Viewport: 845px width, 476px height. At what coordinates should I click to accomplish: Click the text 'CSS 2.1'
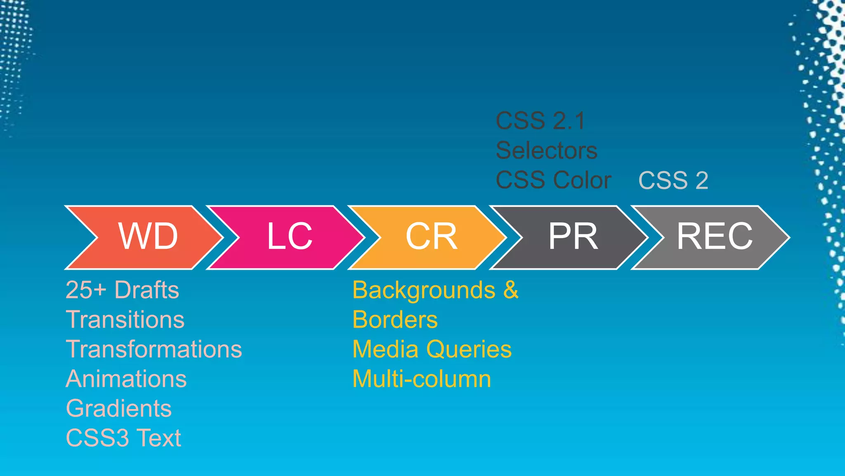(540, 121)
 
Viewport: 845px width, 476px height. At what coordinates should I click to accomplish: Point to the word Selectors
(546, 150)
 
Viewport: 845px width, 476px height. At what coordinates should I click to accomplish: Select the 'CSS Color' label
(553, 180)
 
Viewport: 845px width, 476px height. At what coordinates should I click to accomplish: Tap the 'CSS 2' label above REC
(673, 181)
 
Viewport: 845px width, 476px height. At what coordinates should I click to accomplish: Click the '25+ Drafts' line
(122, 290)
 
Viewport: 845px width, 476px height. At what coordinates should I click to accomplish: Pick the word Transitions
(125, 319)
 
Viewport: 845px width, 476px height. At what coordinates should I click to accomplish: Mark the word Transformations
(153, 349)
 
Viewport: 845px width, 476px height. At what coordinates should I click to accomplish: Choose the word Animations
(126, 379)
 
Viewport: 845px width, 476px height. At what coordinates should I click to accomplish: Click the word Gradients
(119, 409)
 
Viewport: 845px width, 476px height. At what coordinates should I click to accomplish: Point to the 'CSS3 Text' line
(123, 438)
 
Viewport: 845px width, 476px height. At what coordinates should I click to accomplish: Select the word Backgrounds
(424, 290)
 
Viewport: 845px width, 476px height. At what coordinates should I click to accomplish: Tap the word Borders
(395, 320)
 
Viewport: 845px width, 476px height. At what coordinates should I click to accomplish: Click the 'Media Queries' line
(432, 349)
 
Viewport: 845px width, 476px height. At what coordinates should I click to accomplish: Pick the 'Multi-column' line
(422, 379)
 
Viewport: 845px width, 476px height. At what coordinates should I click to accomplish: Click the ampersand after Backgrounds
(510, 290)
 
